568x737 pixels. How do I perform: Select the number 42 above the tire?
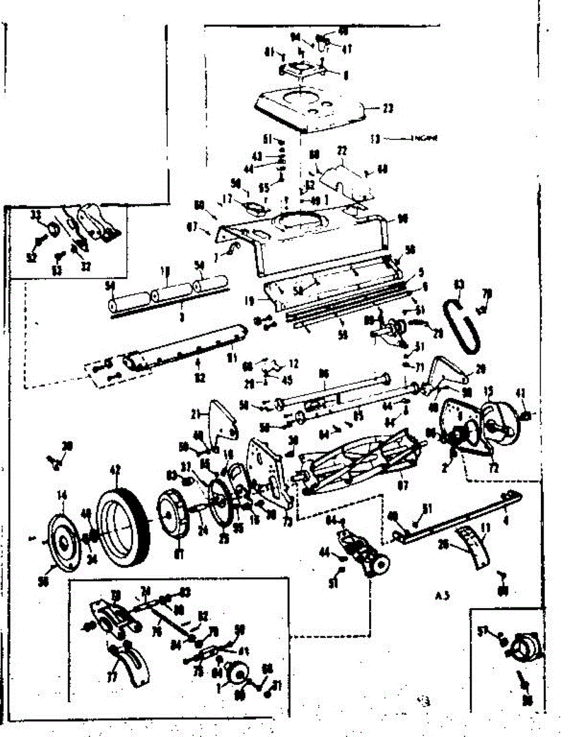coord(114,470)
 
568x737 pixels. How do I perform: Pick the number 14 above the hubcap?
coord(62,495)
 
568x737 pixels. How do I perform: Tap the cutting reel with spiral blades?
coord(362,458)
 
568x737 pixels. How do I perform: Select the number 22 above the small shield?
coord(342,150)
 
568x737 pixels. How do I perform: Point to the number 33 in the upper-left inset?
coord(36,214)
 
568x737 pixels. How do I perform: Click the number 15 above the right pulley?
coord(489,391)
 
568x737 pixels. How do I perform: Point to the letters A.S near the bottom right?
coord(438,595)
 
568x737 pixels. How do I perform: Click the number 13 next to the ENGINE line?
coord(375,139)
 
